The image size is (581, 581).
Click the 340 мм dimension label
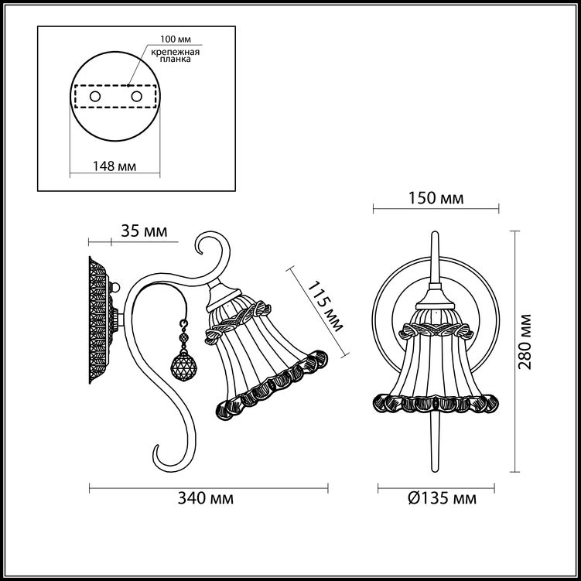pyautogui.click(x=206, y=498)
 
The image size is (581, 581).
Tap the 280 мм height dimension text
pyautogui.click(x=525, y=342)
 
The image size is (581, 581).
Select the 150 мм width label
pyautogui.click(x=436, y=198)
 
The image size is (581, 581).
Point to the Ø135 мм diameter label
pyautogui.click(x=442, y=498)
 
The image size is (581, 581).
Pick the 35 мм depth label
pyautogui.click(x=144, y=231)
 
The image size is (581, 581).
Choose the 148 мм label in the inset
pyautogui.click(x=114, y=166)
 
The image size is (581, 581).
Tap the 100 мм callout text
pyautogui.click(x=176, y=39)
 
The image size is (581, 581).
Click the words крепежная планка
pyautogui.click(x=176, y=56)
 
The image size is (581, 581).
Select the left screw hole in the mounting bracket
pyautogui.click(x=95, y=97)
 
